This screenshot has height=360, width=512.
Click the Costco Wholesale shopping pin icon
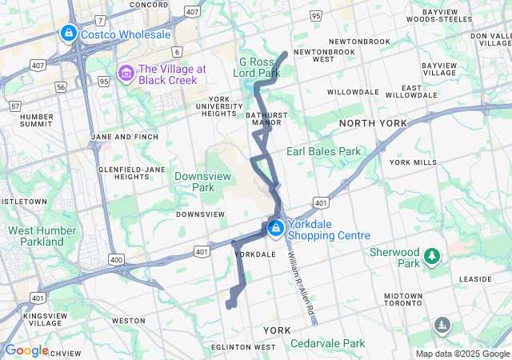pos(69,34)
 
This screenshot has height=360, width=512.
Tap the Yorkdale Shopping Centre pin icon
pos(276,229)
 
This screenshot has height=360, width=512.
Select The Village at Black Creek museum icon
pos(126,74)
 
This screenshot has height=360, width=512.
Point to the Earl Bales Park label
pos(324,151)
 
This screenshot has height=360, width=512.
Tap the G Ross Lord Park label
pos(260,67)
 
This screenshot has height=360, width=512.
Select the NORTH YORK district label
pos(373,123)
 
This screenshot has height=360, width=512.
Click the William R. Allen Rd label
pos(300,282)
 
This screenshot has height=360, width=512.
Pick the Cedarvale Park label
pos(328,343)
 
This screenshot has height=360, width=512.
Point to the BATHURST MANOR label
pos(264,119)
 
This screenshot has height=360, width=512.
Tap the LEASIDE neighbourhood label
pos(475,278)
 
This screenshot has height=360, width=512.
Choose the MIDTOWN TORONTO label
pos(402,300)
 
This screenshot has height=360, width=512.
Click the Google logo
pos(26,350)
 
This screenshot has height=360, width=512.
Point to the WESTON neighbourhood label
pos(128,320)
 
